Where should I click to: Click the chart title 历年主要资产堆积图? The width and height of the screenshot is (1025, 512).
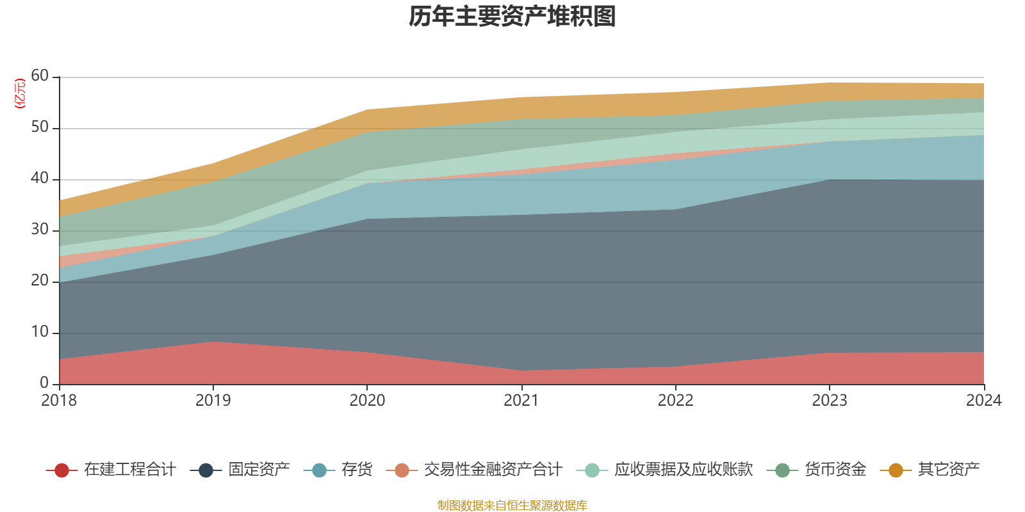(x=512, y=17)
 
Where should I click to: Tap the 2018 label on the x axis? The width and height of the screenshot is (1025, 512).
(x=59, y=401)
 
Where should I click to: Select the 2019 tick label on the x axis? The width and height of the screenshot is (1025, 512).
(x=213, y=401)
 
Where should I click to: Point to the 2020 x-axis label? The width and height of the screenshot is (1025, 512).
(x=367, y=401)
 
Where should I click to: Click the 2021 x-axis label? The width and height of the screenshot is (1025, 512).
(x=521, y=401)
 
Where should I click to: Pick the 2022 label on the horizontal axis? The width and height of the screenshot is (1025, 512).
(x=675, y=401)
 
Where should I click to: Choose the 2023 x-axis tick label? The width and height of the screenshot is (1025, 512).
(x=830, y=401)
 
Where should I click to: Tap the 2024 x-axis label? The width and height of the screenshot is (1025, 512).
(x=983, y=401)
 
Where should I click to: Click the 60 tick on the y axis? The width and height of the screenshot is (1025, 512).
(x=40, y=76)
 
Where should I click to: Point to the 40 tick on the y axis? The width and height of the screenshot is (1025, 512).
(x=40, y=179)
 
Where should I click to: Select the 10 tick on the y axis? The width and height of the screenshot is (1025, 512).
(x=40, y=332)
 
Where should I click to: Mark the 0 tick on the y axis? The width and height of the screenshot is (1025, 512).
(x=44, y=383)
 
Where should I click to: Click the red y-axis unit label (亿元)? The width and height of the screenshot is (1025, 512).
(x=20, y=93)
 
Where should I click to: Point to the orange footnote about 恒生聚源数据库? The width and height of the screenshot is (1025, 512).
(x=512, y=506)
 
